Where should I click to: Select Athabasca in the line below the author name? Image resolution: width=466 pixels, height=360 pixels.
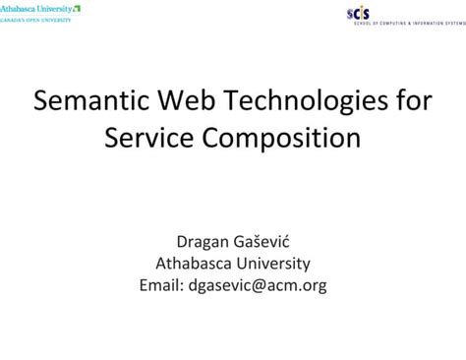click(x=193, y=264)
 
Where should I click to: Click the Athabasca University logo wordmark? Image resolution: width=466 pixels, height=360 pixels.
click(x=35, y=8)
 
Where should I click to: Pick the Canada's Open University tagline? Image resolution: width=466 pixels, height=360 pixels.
click(x=35, y=19)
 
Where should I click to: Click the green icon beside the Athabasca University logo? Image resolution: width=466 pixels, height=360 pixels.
click(x=77, y=8)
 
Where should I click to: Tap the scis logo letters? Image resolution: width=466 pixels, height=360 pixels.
click(x=359, y=11)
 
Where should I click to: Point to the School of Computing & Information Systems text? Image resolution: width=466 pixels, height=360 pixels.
click(x=408, y=22)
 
